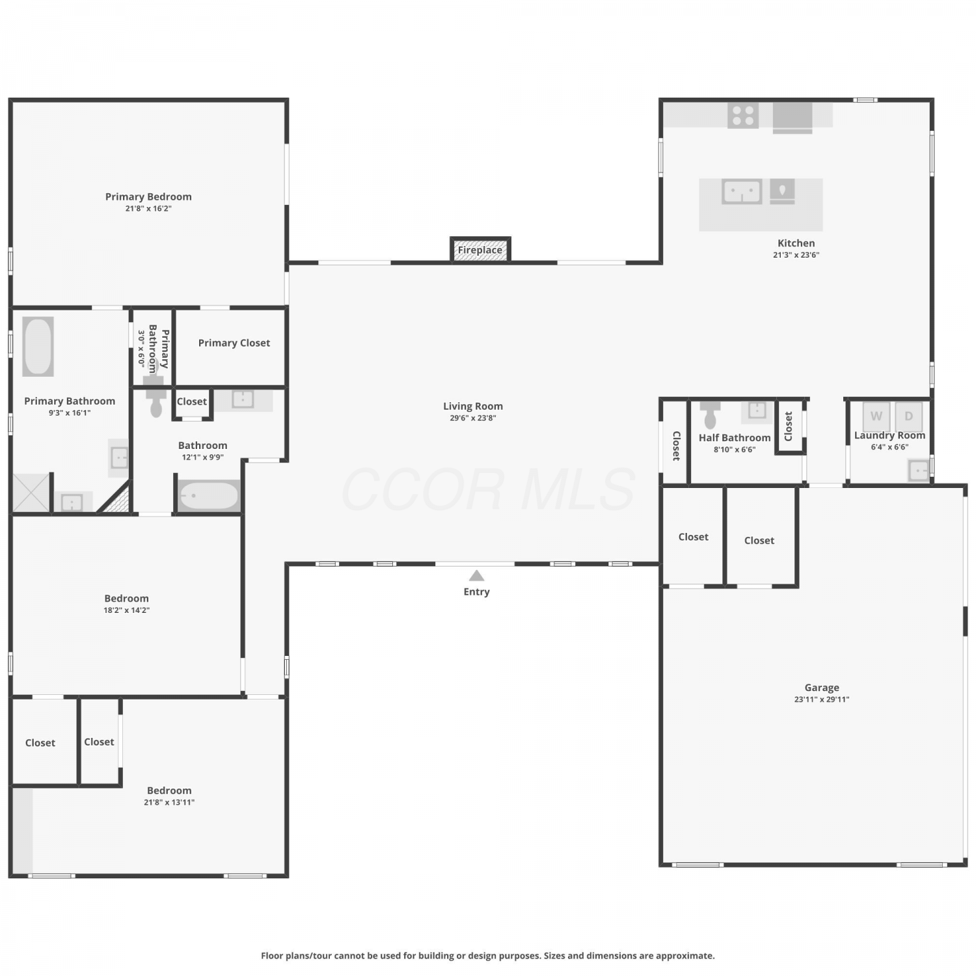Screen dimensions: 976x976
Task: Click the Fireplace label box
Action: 480,249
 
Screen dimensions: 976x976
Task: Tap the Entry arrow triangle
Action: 476,575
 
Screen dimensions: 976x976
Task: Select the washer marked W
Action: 876,416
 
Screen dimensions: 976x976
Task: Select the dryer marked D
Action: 909,416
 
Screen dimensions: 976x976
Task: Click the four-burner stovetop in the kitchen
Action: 743,115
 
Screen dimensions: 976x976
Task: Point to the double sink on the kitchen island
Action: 742,192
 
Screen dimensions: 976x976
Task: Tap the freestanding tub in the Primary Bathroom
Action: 38,346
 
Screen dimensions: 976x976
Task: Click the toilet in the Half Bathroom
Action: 710,413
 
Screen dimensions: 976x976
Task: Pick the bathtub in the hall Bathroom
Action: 209,496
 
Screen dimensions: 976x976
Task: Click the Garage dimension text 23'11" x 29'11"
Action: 822,699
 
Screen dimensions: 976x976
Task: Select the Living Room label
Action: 473,406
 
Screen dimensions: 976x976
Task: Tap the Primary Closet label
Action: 234,343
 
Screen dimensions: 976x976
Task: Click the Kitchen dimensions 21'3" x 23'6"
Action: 796,255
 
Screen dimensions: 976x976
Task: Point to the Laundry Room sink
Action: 918,470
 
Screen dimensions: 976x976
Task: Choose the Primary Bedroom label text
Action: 148,197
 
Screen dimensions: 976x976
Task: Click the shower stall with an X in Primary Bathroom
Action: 31,493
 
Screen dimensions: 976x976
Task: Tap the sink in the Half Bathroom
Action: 757,411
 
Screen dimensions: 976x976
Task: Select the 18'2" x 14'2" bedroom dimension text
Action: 127,610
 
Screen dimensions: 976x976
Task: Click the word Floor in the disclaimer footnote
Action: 273,956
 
